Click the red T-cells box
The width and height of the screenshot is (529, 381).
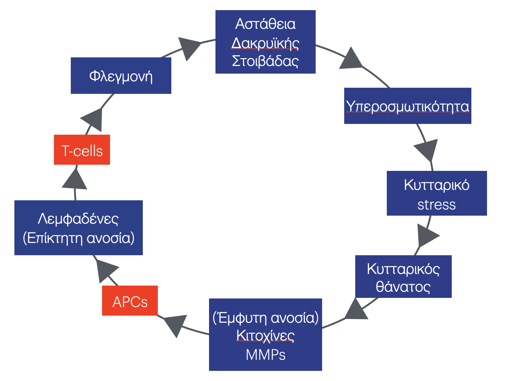(82, 150)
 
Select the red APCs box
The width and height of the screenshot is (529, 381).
(130, 301)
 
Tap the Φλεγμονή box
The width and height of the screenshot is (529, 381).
(121, 76)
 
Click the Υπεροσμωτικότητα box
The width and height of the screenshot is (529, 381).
(407, 106)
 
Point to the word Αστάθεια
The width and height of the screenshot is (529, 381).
(265, 24)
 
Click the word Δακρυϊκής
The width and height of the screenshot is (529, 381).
(265, 43)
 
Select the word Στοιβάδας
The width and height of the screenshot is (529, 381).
(265, 61)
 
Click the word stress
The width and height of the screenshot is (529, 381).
(436, 205)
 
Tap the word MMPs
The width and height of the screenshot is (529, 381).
(265, 355)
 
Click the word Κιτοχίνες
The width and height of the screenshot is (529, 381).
(265, 336)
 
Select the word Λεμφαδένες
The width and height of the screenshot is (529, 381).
(78, 219)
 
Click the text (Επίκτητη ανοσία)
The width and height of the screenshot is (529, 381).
(79, 238)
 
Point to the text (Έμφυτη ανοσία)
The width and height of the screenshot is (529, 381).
(265, 317)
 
